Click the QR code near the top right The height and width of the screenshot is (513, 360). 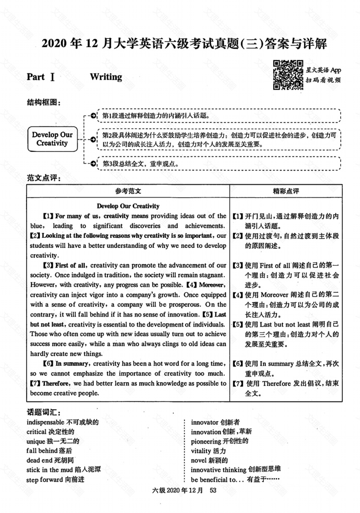288,75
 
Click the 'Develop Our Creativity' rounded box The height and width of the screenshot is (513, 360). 52,139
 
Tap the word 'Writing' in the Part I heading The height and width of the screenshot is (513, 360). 106,77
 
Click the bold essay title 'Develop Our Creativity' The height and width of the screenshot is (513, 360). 128,206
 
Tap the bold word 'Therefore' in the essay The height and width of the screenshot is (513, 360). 57,384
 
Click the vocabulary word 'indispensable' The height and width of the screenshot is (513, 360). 46,422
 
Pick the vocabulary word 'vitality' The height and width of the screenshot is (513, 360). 201,451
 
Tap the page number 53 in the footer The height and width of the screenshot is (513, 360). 212,491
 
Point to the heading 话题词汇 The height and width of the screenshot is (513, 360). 43,412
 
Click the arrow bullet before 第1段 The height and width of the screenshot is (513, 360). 93,116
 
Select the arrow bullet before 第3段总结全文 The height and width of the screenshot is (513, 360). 93,163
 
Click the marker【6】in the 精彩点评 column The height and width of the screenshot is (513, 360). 238,364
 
